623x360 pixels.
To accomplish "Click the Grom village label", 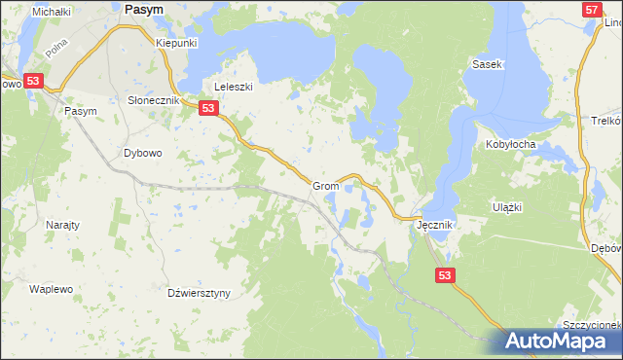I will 325,186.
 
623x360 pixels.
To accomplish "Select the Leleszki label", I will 234,87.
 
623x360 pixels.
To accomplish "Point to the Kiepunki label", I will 177,44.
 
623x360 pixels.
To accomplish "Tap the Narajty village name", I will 62,225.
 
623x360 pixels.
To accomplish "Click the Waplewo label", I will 51,290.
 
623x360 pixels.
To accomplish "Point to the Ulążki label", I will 508,207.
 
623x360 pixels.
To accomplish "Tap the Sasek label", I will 486,64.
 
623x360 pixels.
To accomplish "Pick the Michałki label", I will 52,12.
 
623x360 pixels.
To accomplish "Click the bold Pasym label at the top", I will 143,8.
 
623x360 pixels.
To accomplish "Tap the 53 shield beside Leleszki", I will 209,110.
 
